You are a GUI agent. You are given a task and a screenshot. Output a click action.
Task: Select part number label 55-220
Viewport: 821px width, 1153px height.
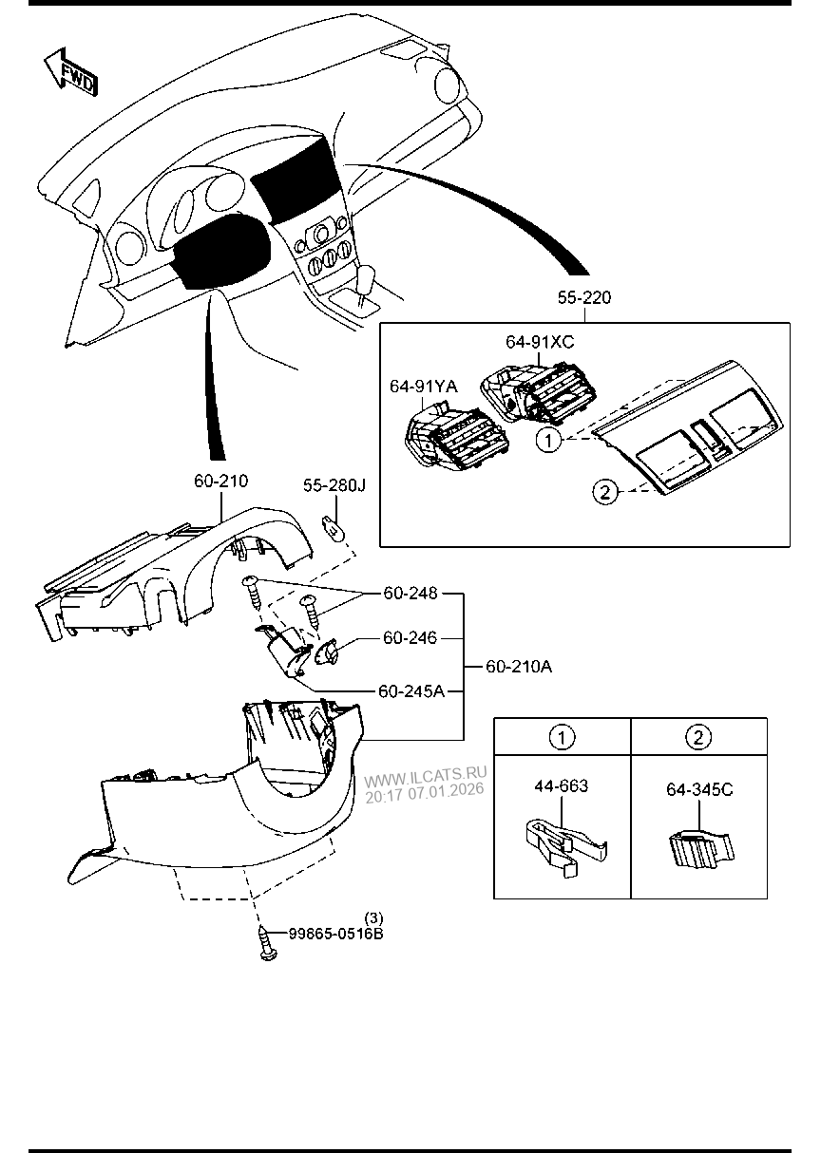tap(583, 298)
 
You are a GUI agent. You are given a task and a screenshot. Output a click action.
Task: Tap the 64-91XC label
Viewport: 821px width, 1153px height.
tap(539, 341)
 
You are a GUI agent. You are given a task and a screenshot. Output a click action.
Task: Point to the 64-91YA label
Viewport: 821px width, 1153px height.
tap(423, 386)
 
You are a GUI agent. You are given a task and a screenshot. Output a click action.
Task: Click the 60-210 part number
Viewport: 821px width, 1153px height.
tap(220, 482)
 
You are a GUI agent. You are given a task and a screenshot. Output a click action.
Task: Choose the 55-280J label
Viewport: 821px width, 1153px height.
tap(334, 485)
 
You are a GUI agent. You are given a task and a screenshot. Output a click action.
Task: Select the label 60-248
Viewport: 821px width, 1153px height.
tap(410, 594)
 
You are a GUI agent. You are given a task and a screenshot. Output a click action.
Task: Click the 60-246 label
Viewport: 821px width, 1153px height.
tap(410, 637)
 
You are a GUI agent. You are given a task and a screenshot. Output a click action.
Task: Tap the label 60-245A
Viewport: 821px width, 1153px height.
tap(410, 690)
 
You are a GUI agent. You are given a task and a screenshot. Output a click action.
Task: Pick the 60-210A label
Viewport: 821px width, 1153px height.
tap(519, 667)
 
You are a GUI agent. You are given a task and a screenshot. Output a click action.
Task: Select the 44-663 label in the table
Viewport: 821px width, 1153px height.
tap(561, 785)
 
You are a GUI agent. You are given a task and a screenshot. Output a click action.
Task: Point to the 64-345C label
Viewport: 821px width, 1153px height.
tap(698, 790)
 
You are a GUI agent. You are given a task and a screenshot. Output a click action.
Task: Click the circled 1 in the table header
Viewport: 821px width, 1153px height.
tap(563, 736)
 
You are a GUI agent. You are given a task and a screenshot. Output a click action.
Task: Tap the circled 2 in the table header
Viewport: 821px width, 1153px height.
tap(698, 736)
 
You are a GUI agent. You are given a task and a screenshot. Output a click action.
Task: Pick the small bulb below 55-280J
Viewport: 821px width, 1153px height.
tap(331, 523)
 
